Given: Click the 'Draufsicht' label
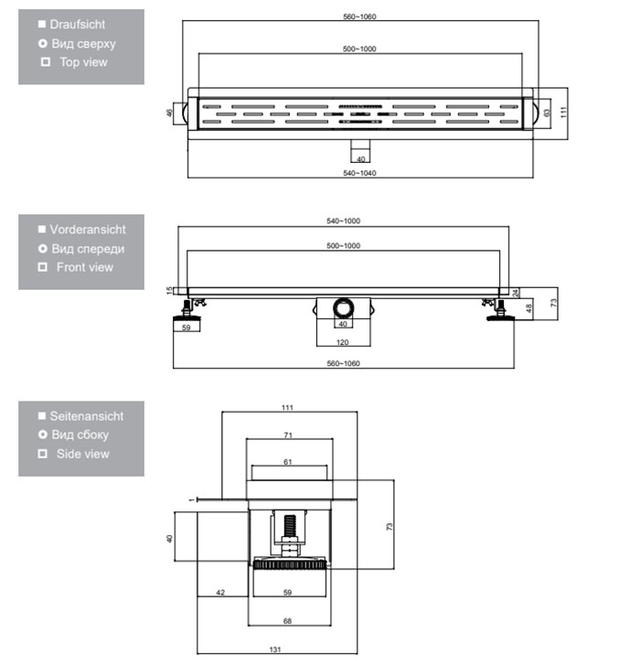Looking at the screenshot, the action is (x=77, y=25).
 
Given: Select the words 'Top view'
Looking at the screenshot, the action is (x=83, y=62).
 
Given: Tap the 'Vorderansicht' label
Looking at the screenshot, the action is (x=88, y=230).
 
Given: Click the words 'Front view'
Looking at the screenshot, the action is (x=85, y=267).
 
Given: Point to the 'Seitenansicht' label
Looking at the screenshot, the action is (x=87, y=416).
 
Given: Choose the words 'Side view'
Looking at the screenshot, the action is (x=83, y=454).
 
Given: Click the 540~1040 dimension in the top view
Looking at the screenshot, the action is (x=359, y=173).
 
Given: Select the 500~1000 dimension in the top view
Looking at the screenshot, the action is (x=359, y=48).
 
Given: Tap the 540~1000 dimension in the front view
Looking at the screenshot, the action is (x=344, y=220).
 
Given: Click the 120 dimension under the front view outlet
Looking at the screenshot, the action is (x=343, y=342).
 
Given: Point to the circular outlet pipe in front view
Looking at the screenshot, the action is (x=343, y=307).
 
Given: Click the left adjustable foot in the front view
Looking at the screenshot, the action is (x=187, y=310).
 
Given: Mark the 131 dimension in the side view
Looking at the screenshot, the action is (x=275, y=650).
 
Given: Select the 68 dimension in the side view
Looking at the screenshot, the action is (x=287, y=621).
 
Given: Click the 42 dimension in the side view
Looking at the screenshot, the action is (x=220, y=592).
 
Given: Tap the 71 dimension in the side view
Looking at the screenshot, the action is (x=288, y=435).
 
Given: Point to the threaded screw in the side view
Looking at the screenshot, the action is (x=290, y=526).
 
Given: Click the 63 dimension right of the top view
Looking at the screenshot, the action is (x=547, y=113).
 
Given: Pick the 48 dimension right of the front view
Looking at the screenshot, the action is (x=528, y=308).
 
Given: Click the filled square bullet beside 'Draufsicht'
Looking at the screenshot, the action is (x=41, y=24).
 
